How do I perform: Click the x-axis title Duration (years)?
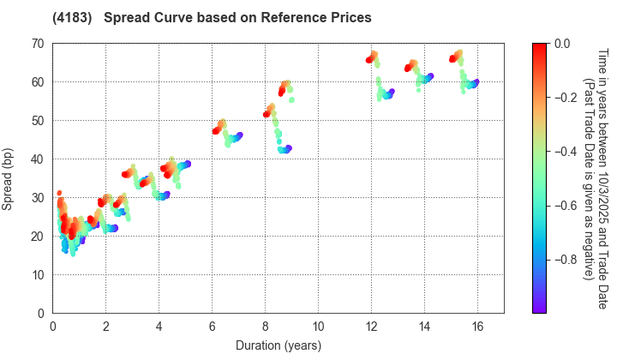pos(278,345)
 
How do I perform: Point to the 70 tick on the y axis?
pos(39,44)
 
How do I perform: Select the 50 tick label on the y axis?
pos(39,121)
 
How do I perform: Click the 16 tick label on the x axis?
pos(477,327)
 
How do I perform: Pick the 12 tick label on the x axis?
pos(371,327)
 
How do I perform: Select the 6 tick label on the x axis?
pos(213,327)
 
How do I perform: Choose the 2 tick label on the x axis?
pos(106,327)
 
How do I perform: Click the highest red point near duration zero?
pos(59,193)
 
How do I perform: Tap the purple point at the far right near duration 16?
pos(476,81)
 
